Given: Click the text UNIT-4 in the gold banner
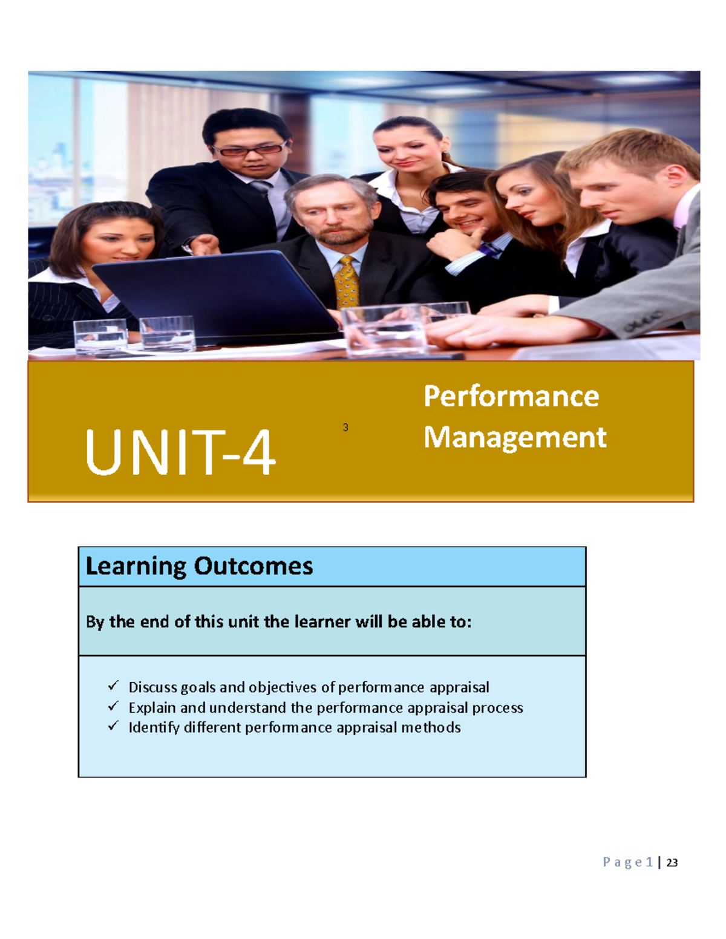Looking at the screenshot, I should (180, 452).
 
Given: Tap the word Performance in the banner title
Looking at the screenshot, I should (511, 397).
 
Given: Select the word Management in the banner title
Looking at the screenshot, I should (515, 437).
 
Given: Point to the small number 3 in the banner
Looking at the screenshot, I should (345, 427).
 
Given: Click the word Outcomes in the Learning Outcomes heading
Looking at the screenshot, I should (253, 566).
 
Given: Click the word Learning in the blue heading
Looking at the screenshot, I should (136, 567).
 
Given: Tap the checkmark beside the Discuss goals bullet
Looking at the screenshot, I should (113, 686).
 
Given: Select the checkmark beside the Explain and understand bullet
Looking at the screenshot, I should (113, 706).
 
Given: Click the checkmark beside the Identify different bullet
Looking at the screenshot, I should (113, 726).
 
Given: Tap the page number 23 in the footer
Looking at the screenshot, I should (672, 863).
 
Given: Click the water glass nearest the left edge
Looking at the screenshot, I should (100, 336).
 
